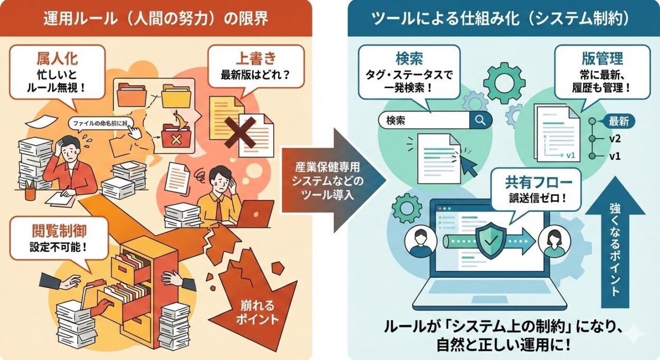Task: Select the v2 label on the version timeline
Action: point(615,139)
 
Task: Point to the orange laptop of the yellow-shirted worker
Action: point(255,213)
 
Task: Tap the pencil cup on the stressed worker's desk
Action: point(30,192)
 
